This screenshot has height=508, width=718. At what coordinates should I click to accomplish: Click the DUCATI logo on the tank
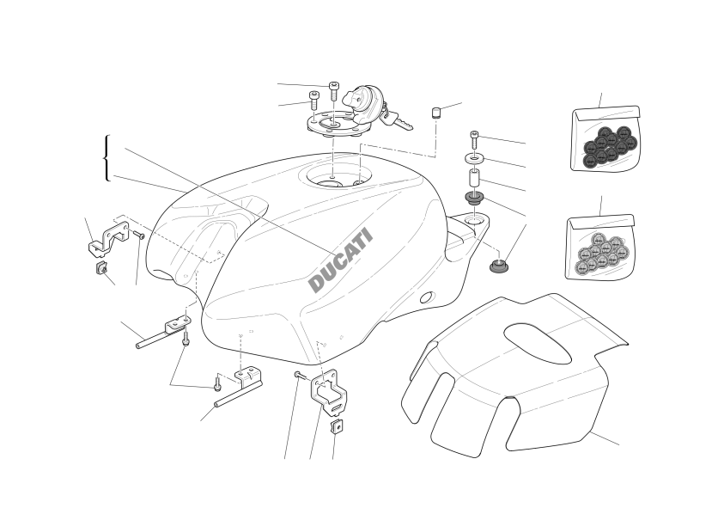click(341, 260)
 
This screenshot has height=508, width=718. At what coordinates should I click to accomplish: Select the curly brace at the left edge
click(106, 158)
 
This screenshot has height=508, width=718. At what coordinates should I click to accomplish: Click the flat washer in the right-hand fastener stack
click(474, 159)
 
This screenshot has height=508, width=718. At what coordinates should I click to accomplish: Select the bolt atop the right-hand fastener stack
click(474, 138)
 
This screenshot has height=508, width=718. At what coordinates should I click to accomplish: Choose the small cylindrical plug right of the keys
click(435, 112)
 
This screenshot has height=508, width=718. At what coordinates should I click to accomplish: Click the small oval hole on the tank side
click(423, 298)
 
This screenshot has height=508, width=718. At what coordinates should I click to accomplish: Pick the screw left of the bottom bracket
click(298, 375)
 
